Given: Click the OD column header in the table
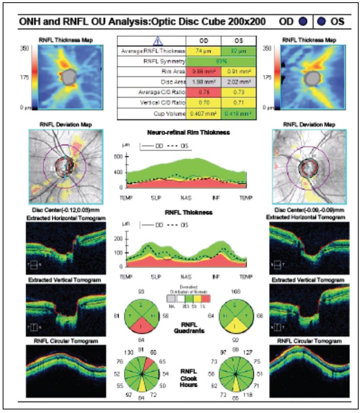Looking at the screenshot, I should click(203, 41).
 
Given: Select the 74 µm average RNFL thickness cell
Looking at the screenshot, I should click(203, 51).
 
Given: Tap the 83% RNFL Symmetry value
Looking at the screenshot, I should click(220, 61).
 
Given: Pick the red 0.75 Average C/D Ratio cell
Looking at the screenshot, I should click(203, 92).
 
